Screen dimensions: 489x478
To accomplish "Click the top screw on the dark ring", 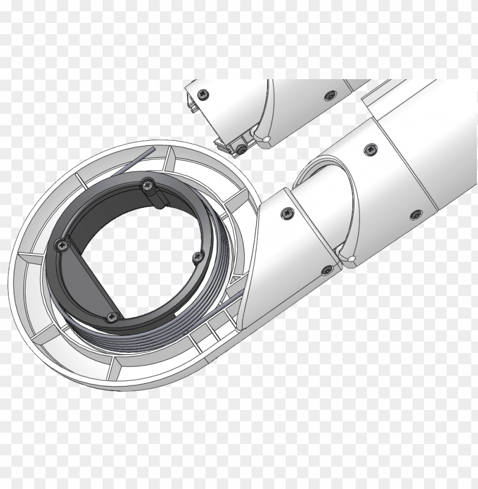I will click(x=148, y=183).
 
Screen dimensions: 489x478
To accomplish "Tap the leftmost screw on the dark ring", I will click(x=60, y=245).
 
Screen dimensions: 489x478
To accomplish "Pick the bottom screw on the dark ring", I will click(x=110, y=317).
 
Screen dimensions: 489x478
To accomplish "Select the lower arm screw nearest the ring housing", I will click(x=286, y=213).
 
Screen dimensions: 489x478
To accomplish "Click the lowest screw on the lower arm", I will click(x=327, y=269).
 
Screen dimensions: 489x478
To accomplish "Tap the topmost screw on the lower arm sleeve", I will click(x=370, y=149).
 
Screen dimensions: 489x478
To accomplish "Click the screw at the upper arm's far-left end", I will click(x=201, y=93).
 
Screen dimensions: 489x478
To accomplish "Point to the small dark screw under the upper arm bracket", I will click(x=241, y=149).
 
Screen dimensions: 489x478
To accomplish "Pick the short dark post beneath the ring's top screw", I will click(x=159, y=197).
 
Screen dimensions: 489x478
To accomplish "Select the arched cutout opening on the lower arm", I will click(x=324, y=171).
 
